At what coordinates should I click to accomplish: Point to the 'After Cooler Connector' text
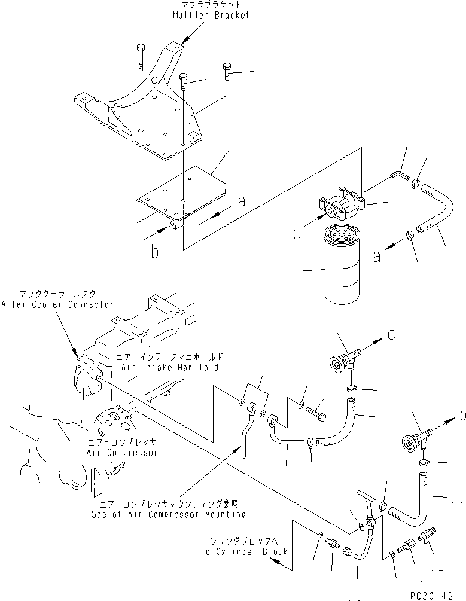[57, 304]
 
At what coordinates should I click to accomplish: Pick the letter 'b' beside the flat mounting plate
[154, 253]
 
